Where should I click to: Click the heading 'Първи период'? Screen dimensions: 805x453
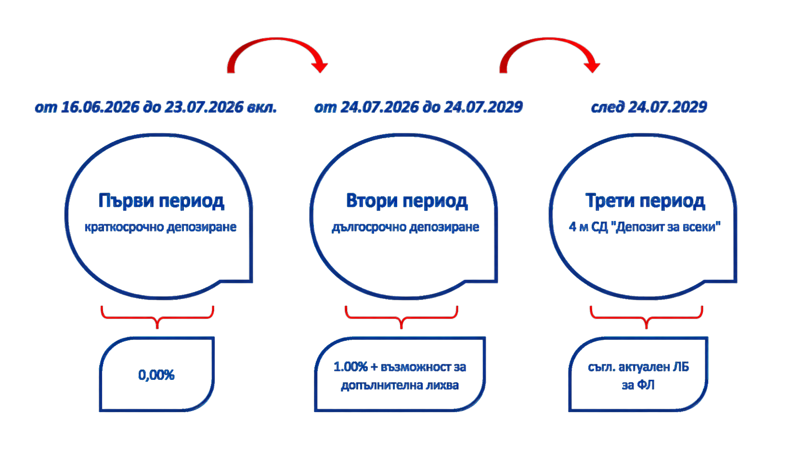161,201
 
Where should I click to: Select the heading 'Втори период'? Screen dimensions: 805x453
407,201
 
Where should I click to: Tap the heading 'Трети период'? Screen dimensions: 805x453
646,201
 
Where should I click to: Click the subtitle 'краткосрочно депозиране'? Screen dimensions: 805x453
161,227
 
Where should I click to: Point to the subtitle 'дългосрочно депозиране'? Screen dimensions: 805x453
405,227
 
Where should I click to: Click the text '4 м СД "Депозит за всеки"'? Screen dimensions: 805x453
645,227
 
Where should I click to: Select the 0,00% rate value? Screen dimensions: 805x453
156,375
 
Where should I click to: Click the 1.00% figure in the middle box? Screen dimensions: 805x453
351,367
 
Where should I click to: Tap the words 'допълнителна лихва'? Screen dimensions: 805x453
400,386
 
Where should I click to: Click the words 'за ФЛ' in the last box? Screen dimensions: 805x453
638,385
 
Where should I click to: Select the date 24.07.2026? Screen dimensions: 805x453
379,107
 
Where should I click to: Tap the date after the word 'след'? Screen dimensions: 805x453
668,107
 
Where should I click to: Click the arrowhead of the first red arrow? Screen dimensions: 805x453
320,67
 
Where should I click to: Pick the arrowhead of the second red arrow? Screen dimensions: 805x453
592,67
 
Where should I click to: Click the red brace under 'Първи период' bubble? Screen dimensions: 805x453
157,318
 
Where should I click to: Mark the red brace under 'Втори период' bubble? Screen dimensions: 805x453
402,318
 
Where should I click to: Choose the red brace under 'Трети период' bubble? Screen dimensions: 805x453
647,318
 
